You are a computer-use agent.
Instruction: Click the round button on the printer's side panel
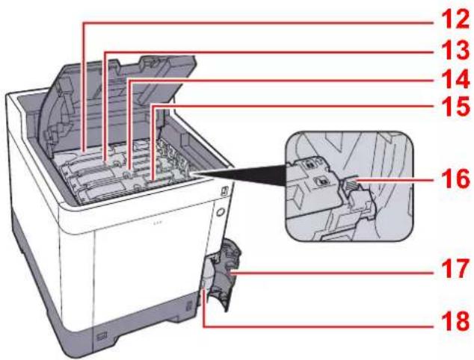(x=221, y=212)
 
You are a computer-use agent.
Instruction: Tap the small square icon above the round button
(x=224, y=191)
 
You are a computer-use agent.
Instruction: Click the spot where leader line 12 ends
(x=84, y=150)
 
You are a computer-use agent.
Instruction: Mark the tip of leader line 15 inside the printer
(x=152, y=180)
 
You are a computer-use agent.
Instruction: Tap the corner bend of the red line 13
(x=105, y=52)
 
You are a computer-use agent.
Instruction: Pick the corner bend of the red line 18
(x=205, y=326)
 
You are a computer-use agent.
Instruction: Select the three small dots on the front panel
(x=157, y=223)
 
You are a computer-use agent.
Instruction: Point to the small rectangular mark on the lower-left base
(x=102, y=335)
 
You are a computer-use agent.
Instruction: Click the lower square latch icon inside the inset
(x=321, y=181)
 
